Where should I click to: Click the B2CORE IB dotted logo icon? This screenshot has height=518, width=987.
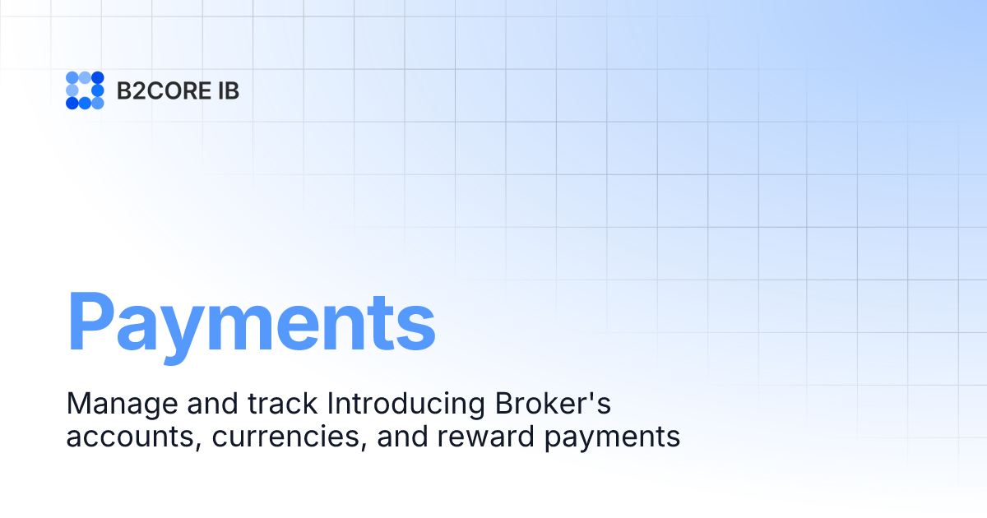(x=85, y=90)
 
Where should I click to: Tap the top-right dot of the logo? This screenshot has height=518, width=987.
(x=97, y=78)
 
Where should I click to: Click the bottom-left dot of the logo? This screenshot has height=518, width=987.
(x=72, y=103)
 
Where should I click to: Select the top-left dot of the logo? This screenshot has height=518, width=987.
(x=72, y=78)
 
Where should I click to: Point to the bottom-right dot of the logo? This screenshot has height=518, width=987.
(x=97, y=103)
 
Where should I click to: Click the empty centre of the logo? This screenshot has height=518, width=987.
(x=85, y=90)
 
